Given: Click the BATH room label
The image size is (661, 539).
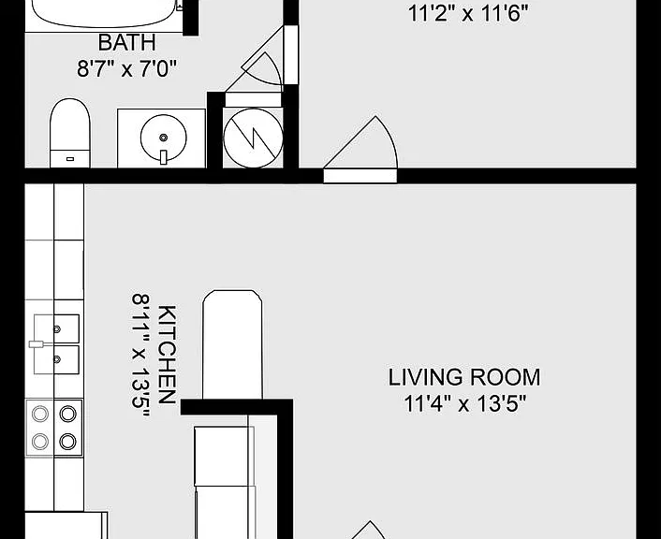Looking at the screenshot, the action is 127,42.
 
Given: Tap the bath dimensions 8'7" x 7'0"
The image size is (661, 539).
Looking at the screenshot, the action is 126,68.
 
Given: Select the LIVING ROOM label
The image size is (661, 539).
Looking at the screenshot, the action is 463,377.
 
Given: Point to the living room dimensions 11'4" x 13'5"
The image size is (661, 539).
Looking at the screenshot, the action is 465,403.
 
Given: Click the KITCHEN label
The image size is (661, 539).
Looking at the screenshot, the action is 167,355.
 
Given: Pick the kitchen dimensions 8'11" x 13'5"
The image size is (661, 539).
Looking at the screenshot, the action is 140,355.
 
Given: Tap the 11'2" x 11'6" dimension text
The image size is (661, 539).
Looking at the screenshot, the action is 468,13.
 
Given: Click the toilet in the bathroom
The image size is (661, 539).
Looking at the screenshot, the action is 70,133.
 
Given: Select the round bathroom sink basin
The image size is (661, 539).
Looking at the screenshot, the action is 163,138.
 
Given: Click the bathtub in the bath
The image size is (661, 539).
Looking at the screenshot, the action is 103,13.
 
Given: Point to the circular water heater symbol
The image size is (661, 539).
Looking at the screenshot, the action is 253,138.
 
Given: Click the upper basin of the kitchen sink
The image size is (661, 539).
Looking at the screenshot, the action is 56,328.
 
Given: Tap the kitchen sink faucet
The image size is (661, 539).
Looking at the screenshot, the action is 37,344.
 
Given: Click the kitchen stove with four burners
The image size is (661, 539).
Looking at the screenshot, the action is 54,428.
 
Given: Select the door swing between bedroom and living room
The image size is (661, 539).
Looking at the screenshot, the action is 360,142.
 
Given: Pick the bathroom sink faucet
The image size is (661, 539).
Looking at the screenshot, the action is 164,157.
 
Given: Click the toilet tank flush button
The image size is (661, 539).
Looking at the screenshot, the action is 70,159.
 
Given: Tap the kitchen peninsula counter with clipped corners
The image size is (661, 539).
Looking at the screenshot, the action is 232,344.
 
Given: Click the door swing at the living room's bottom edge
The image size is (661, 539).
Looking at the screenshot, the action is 370,531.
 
